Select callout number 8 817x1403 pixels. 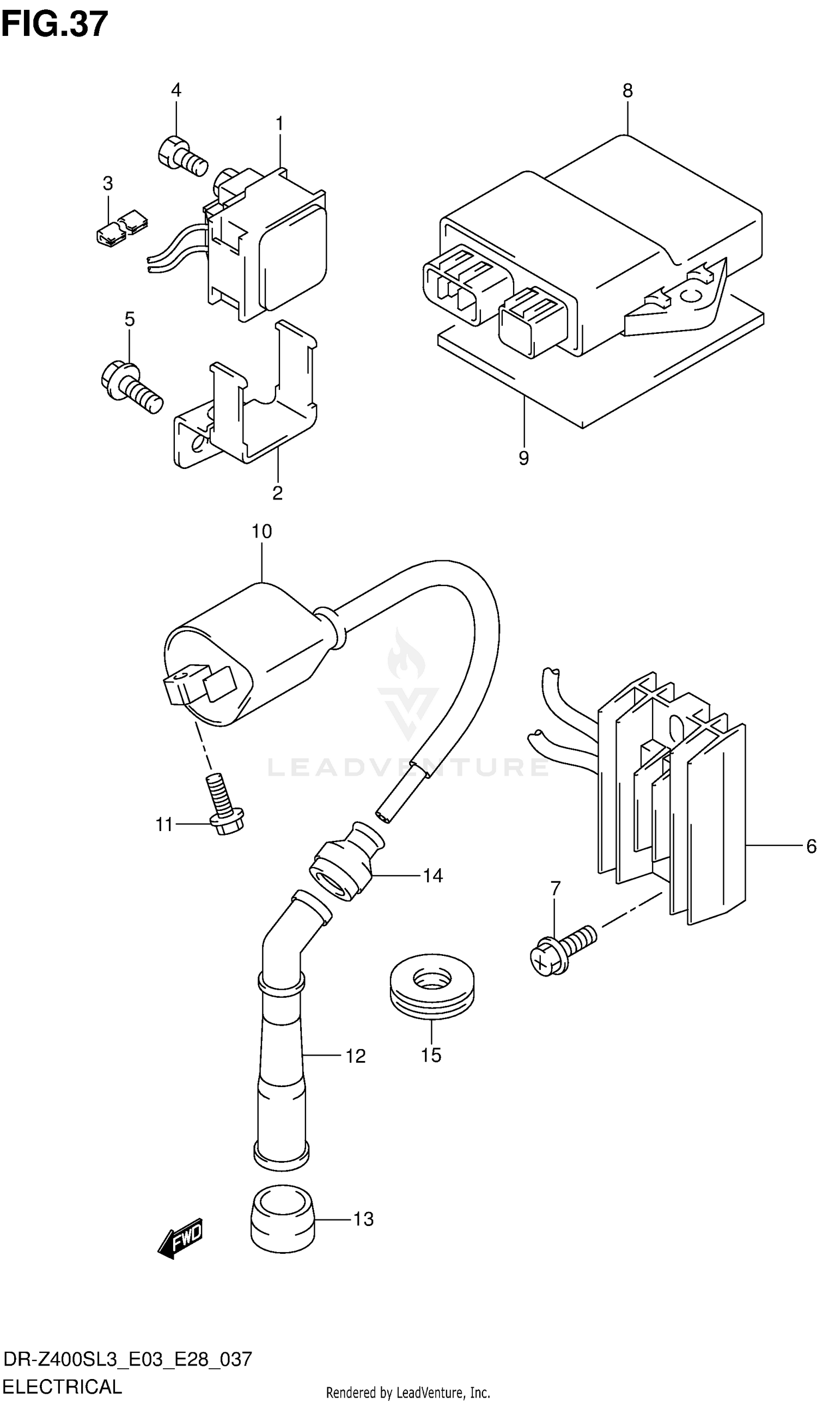coord(627,91)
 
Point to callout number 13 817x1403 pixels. coord(364,1219)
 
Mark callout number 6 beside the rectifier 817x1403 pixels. coord(810,847)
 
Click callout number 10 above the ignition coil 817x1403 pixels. coord(261,531)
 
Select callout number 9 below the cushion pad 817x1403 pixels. coord(523,458)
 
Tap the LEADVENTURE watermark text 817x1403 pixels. coord(407,767)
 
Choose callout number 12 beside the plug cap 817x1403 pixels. coord(355,1056)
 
